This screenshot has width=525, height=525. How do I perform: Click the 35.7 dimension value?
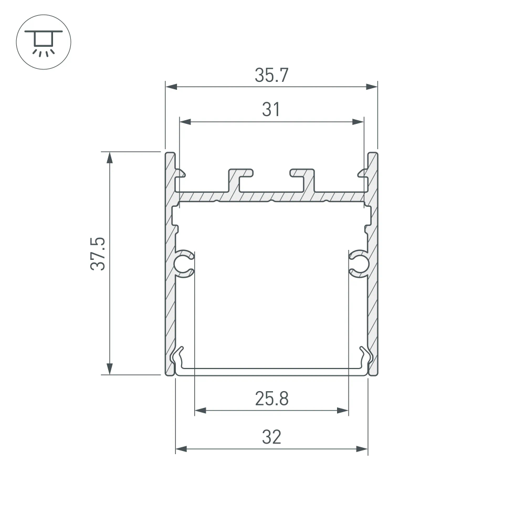tap(271, 76)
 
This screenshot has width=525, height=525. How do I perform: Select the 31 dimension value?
tap(271, 110)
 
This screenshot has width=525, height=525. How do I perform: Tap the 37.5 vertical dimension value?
tap(98, 254)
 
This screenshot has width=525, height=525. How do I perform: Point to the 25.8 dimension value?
tap(271, 400)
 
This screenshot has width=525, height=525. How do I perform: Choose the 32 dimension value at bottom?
tap(271, 437)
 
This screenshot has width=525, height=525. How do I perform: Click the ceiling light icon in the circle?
tap(44, 41)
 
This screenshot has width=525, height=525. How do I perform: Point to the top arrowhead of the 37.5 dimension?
tap(109, 158)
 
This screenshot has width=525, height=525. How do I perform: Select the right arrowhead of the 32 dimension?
tap(362, 449)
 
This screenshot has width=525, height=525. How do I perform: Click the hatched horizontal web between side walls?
tap(271, 196)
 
